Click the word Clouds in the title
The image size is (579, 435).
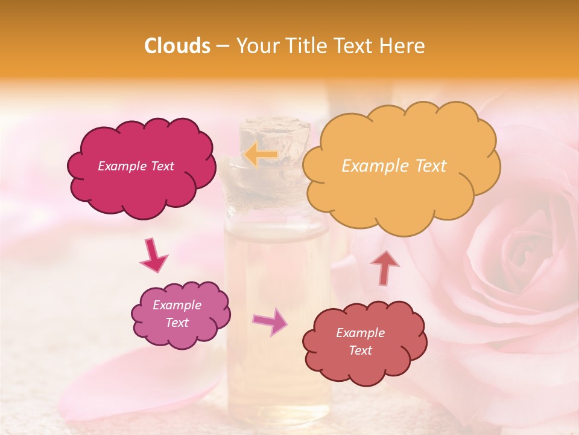(177, 46)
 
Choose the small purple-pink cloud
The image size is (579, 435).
(180, 314)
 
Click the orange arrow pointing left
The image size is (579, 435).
(261, 155)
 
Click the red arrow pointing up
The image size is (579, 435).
(384, 267)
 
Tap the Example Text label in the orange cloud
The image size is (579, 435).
(394, 166)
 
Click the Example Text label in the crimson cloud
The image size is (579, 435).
(136, 166)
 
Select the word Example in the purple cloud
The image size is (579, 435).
(177, 305)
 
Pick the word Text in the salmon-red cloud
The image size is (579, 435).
(360, 350)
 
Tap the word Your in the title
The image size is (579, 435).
(255, 46)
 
